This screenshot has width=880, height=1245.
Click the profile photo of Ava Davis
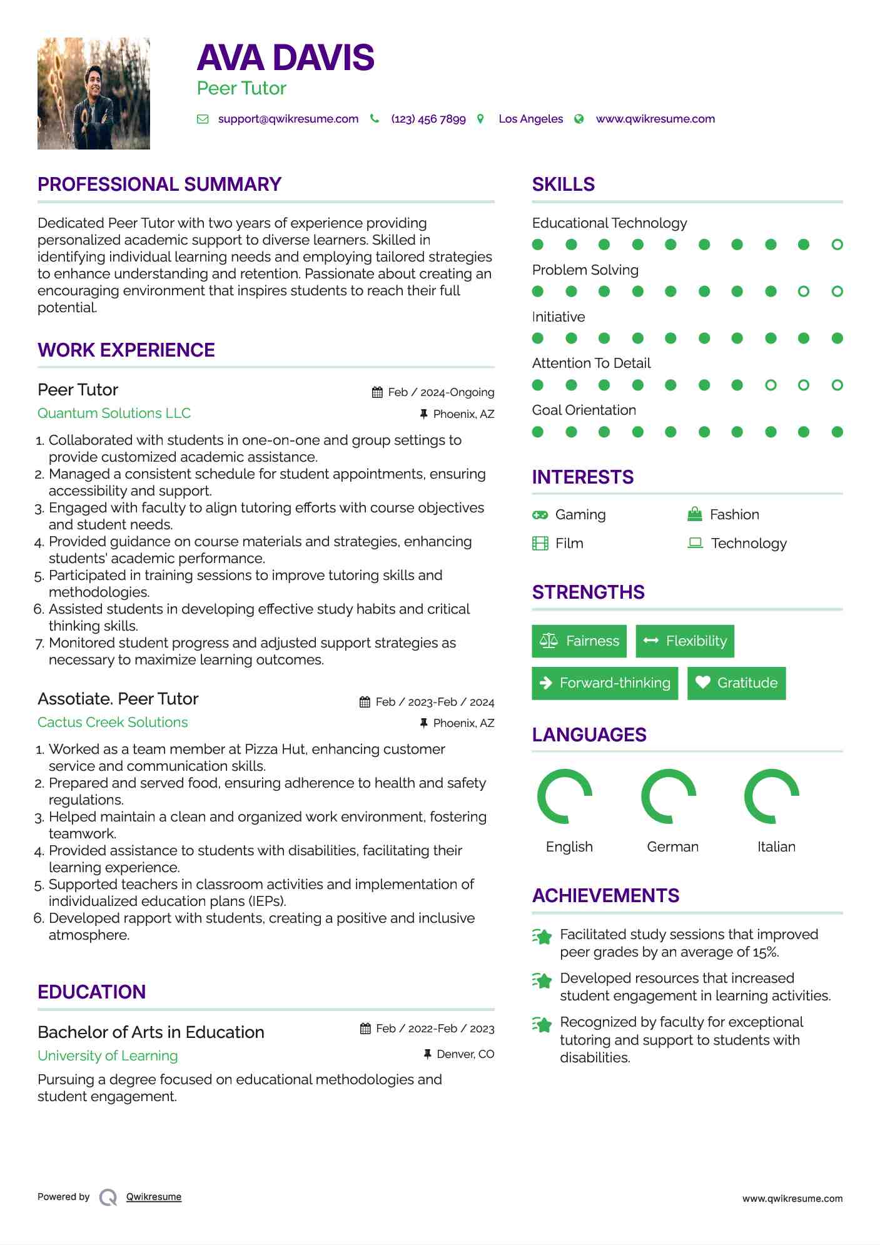[x=94, y=94]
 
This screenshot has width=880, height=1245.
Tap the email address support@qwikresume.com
[x=288, y=119]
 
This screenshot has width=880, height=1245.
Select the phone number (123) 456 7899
[x=428, y=119]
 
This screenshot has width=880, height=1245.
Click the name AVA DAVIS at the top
[x=286, y=58]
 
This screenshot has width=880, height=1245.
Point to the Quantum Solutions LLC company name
[x=114, y=413]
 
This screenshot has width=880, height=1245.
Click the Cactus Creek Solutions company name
[x=113, y=722]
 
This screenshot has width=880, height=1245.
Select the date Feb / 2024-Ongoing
[x=441, y=392]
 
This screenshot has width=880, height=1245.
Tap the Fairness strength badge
[x=579, y=641]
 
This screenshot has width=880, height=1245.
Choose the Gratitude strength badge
[x=736, y=683]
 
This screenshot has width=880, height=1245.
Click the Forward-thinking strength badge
[x=605, y=683]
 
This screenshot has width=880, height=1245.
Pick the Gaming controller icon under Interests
[x=540, y=515]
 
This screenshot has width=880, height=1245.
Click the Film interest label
[x=569, y=543]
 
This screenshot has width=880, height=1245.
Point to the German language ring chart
[x=669, y=796]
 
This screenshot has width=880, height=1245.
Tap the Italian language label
[x=776, y=846]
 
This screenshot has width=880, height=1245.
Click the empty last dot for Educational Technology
[x=837, y=245]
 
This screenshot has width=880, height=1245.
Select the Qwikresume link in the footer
[x=154, y=1197]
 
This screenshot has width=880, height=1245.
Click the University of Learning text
[x=108, y=1055]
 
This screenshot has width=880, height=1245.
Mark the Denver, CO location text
[x=465, y=1054]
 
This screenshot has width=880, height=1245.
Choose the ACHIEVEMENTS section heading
[x=605, y=895]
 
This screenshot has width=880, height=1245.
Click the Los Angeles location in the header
[x=530, y=119]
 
